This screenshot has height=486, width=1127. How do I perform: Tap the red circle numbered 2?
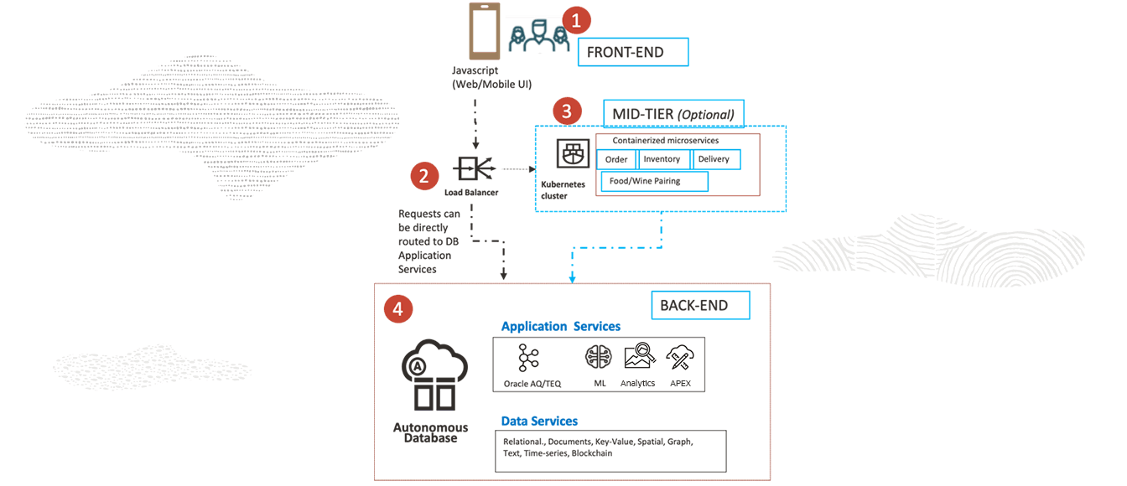(424, 176)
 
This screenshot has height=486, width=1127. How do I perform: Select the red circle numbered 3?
(568, 111)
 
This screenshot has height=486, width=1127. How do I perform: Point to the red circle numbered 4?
(397, 309)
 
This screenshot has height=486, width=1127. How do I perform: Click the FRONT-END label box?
(633, 52)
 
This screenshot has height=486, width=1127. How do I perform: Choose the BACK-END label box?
(700, 305)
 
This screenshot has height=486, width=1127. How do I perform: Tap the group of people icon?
(534, 36)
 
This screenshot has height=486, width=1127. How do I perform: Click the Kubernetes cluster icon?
(574, 155)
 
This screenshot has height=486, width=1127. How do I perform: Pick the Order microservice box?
(616, 159)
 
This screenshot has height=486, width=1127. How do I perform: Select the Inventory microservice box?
(664, 159)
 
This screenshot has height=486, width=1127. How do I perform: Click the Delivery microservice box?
(716, 159)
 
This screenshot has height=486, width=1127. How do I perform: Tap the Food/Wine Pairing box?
(654, 181)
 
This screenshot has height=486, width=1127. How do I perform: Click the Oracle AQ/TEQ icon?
(529, 358)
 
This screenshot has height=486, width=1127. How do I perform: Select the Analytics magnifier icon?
(639, 358)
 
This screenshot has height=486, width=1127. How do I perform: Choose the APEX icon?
(678, 358)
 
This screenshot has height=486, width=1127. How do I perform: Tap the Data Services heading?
(539, 421)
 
